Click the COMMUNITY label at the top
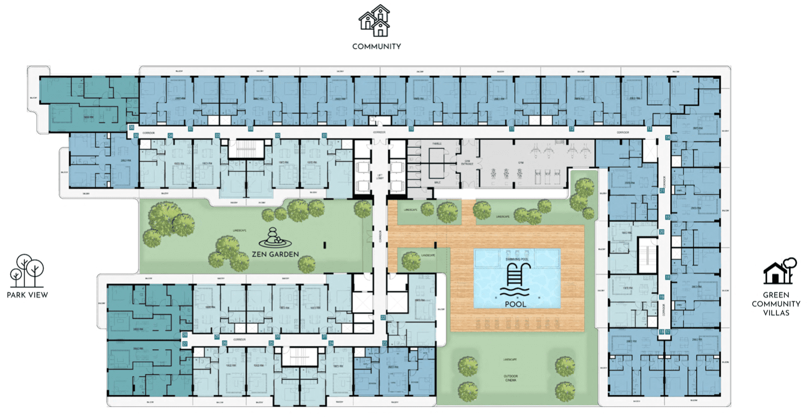(376, 46)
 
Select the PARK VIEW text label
(27, 295)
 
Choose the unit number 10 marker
(410, 129)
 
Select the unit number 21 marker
(662, 190)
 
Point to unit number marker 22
(383, 318)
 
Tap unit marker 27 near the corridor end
(184, 343)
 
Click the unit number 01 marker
(324, 135)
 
